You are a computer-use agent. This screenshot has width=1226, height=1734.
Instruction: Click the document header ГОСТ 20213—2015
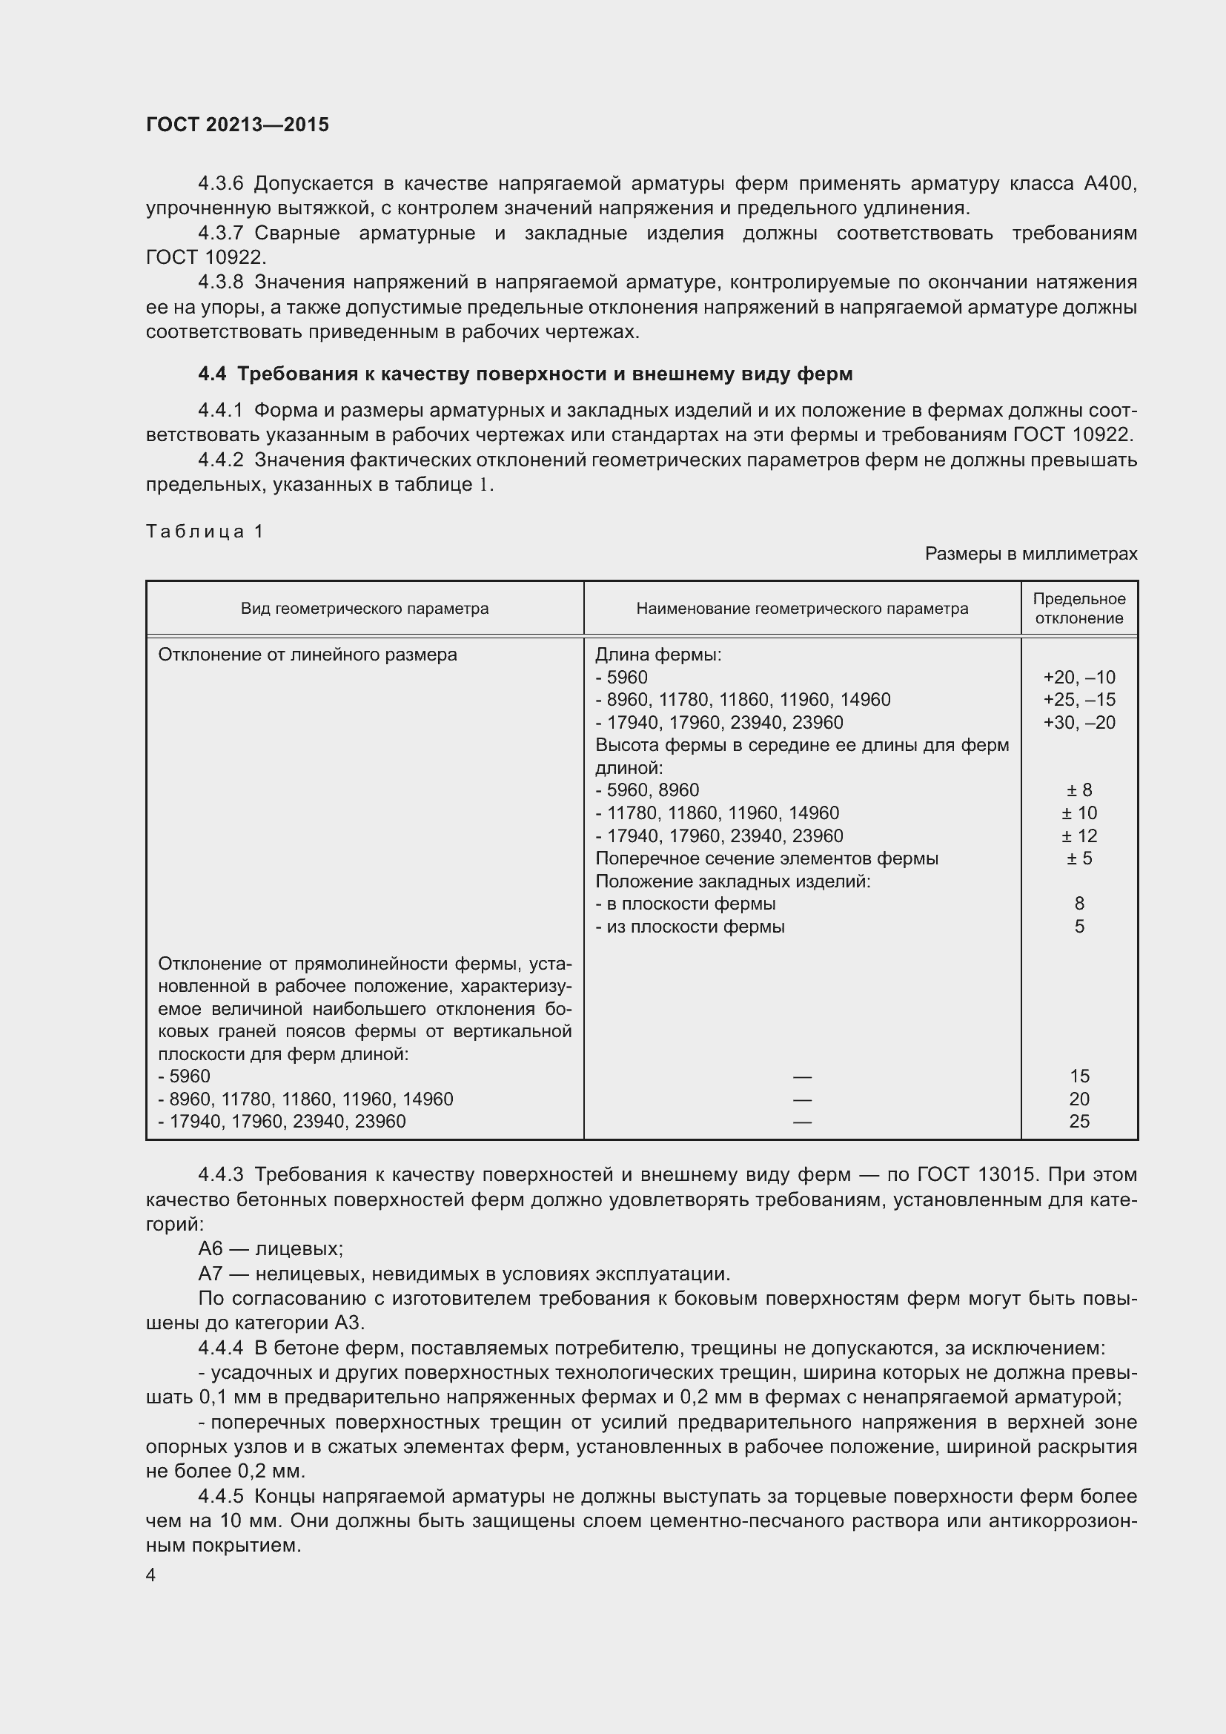[237, 125]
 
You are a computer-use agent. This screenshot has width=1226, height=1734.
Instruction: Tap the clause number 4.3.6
[220, 184]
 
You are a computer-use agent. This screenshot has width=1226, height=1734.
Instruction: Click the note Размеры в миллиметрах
[1030, 555]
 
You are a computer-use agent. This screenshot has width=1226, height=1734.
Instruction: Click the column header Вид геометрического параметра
[365, 609]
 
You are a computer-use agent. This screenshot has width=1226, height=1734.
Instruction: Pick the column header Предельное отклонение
[1078, 609]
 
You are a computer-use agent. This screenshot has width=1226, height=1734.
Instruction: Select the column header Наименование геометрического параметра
[802, 609]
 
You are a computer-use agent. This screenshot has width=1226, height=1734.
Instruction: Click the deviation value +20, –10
[1078, 678]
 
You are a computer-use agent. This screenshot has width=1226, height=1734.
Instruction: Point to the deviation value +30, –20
[1078, 723]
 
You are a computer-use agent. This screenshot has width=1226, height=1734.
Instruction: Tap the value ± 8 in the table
[1078, 791]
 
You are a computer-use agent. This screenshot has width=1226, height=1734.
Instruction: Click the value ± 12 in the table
[1078, 836]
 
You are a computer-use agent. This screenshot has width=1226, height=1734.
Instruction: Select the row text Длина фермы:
[658, 655]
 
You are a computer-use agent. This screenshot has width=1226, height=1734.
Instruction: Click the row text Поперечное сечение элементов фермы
[766, 858]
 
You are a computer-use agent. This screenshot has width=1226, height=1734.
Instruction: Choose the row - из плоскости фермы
[690, 927]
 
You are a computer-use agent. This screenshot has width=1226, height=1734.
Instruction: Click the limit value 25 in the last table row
[1078, 1122]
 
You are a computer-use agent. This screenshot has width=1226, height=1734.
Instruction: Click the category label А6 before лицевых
[211, 1249]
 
